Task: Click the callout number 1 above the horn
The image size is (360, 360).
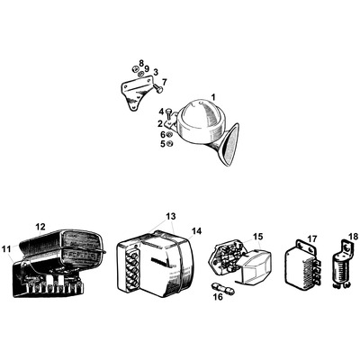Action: pos(213,97)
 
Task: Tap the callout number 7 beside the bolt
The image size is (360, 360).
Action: pos(165,82)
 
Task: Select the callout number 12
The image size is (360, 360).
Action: pos(40,227)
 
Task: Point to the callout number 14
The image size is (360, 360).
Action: pos(197,231)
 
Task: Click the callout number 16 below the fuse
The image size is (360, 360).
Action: pos(219,297)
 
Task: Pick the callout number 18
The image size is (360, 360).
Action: pos(354,237)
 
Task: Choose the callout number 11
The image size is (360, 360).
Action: pos(6,248)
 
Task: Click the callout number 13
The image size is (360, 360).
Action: pos(171,216)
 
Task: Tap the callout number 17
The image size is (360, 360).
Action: pos(312,239)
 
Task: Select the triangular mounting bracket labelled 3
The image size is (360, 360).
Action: pos(137,92)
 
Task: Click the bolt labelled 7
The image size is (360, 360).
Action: pos(157,88)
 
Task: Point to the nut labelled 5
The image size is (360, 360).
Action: pos(169,144)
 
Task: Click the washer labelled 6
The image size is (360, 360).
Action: pos(169,135)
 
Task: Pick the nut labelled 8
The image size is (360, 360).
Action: pos(134,68)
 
